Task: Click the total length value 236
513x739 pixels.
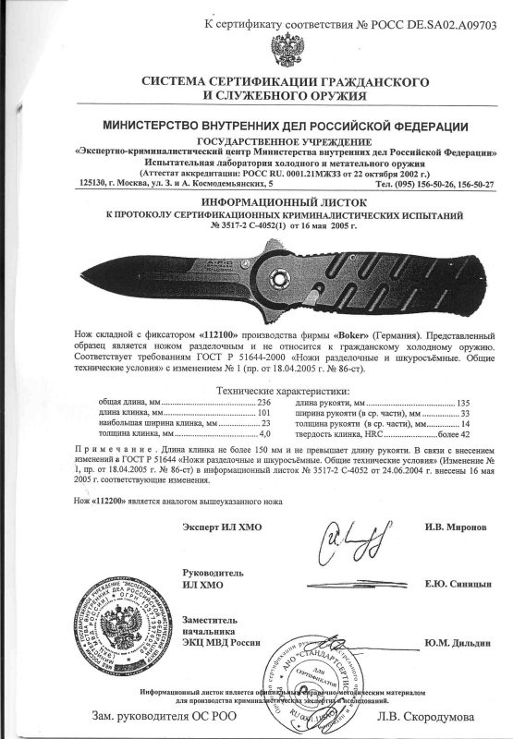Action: tap(269, 379)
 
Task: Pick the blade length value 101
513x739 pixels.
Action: tap(269, 391)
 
